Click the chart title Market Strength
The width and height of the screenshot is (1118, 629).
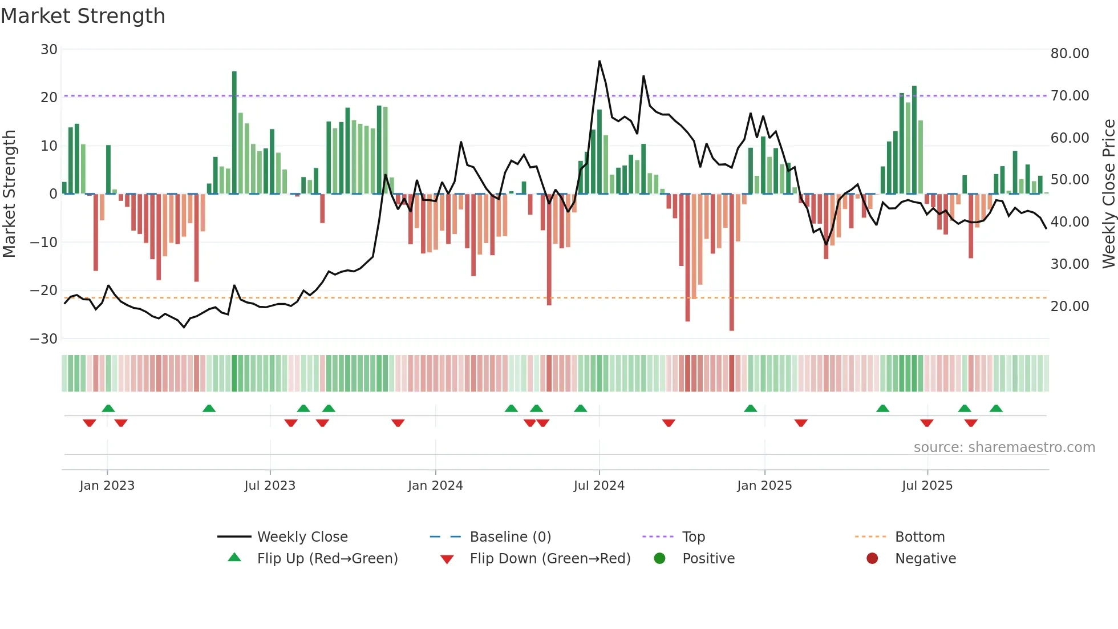pos(83,16)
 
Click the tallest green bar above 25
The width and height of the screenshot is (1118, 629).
pos(234,131)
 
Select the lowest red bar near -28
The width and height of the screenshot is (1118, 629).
pos(732,263)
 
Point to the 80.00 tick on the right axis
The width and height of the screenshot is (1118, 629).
pos(1070,53)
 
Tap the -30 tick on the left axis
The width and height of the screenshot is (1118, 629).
pos(44,338)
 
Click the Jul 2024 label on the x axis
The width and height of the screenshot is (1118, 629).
pos(599,485)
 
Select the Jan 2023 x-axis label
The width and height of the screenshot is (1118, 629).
pos(107,485)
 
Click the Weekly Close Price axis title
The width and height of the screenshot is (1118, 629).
pos(1108,193)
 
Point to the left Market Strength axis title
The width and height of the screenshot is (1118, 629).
pos(9,193)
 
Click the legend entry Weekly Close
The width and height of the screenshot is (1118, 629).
pos(302,537)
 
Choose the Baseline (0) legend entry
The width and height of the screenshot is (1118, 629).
pos(510,537)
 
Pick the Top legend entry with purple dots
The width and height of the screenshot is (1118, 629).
pos(693,537)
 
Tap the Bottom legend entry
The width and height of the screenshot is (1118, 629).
pos(919,537)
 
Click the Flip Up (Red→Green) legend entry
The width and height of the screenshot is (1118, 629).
pos(327,558)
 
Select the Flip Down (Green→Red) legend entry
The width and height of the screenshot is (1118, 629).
pos(550,558)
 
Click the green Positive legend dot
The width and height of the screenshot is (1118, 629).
pos(660,558)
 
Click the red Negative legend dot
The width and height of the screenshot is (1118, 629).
pos(872,558)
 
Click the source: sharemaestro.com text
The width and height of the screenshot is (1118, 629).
pos(1004,447)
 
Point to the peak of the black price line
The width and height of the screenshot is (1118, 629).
pos(599,61)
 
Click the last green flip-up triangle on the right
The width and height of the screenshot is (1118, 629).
pos(996,408)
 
